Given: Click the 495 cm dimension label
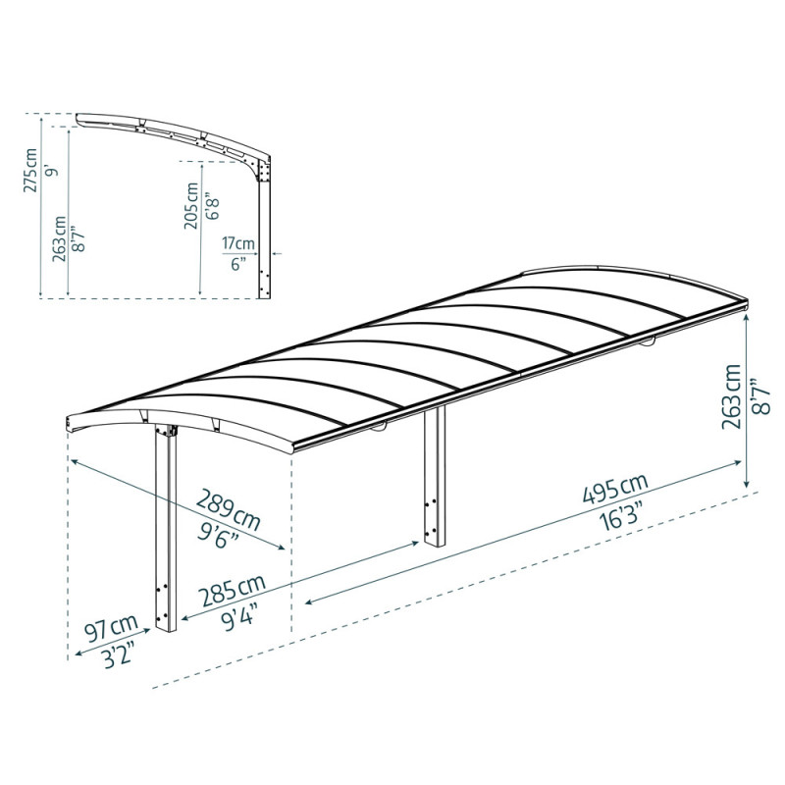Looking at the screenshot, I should pos(613,488).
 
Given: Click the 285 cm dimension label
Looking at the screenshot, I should pos(233,592).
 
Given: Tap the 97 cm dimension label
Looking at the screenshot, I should pos(111,628).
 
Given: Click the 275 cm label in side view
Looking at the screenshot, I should pos(31,169).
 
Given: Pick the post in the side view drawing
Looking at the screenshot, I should pos(263,235).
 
